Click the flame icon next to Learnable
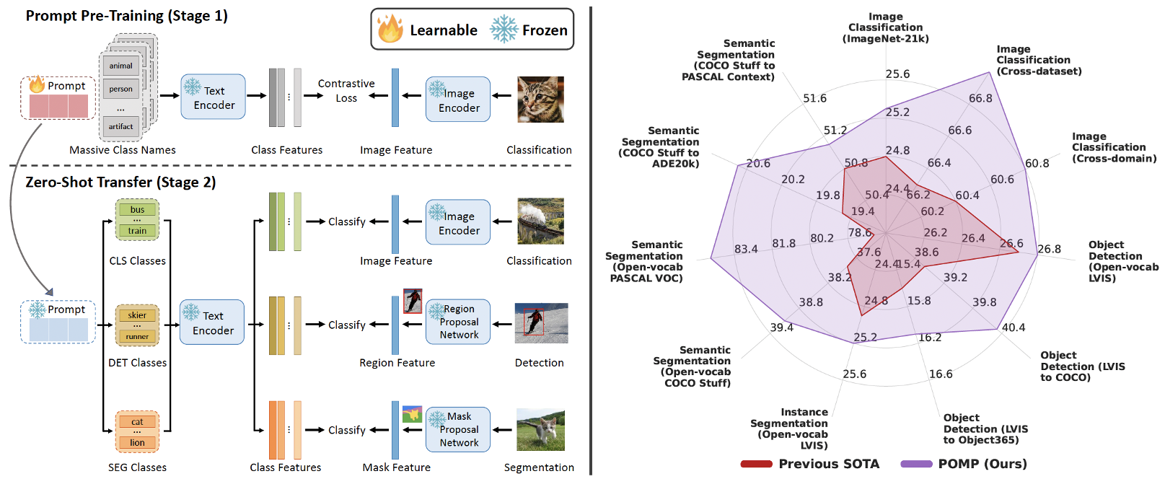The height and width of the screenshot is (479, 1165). [390, 29]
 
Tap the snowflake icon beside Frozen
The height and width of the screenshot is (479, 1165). [504, 30]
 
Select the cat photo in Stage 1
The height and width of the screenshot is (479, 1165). [540, 100]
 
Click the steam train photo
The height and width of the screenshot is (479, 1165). [540, 221]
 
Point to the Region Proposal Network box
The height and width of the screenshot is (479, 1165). [458, 322]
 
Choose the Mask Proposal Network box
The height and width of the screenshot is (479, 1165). [458, 429]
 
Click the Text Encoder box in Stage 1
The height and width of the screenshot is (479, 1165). [213, 97]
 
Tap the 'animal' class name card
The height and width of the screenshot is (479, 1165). [120, 66]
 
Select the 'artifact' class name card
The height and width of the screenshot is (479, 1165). [120, 126]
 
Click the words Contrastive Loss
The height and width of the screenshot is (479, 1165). [346, 91]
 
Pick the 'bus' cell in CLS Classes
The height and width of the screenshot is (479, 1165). [137, 209]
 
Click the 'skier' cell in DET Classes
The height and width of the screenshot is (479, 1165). [137, 315]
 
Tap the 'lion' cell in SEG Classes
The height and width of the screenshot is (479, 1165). [137, 442]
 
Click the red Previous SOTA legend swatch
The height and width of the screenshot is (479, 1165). [756, 464]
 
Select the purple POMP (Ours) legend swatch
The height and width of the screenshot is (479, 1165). [916, 464]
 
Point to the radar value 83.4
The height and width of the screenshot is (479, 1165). [746, 249]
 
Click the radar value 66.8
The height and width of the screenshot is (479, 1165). [980, 98]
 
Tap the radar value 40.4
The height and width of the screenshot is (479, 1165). [1014, 328]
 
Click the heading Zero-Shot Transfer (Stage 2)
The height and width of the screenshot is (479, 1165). [120, 183]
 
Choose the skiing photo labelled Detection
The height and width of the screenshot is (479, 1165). [541, 322]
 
